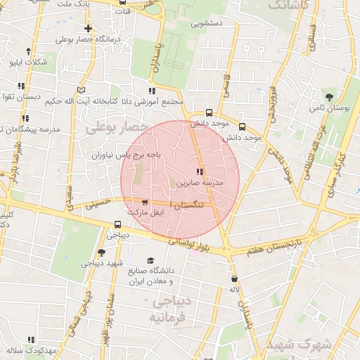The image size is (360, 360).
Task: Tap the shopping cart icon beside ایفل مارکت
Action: tap(145, 202)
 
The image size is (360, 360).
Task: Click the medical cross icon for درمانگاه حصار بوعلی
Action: tap(88, 29)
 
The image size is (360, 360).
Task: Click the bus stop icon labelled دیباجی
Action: tap(118, 226)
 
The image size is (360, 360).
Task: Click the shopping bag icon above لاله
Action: tap(233, 278)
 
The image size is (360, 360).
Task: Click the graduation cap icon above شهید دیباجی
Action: tap(102, 252)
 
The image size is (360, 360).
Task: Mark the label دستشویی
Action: tap(205, 23)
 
